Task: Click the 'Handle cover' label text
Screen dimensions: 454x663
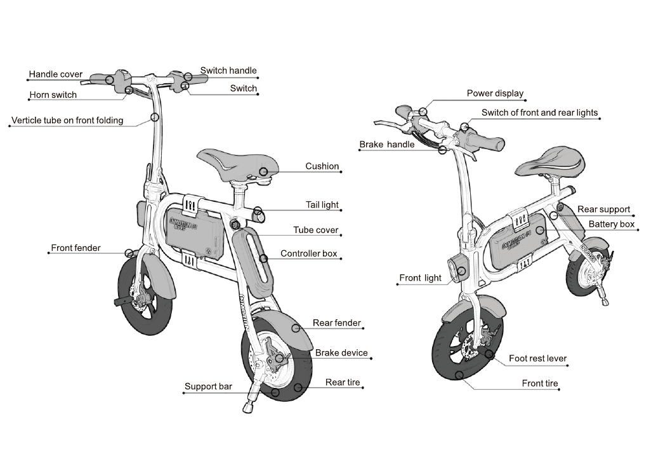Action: tap(56, 74)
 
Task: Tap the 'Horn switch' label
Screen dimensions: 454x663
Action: tap(53, 95)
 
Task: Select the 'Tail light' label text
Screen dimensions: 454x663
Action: tap(322, 204)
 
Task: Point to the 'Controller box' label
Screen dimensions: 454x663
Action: tap(308, 253)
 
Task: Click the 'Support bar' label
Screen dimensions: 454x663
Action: tap(208, 386)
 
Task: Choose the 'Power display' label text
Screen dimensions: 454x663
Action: tap(495, 93)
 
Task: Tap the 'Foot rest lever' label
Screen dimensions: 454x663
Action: tap(537, 359)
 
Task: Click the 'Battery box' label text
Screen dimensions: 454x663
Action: tap(611, 224)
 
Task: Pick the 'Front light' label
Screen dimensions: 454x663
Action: tap(420, 277)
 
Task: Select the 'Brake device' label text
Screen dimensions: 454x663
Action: tap(341, 353)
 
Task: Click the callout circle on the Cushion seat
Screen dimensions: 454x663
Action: tap(264, 171)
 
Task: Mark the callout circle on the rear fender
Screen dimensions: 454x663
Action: tap(296, 328)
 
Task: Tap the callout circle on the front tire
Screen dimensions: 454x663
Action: tap(459, 375)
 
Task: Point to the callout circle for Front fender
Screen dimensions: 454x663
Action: tap(129, 253)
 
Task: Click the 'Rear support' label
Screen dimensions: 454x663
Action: tap(603, 210)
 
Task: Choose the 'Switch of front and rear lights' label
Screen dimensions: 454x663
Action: tap(539, 113)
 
